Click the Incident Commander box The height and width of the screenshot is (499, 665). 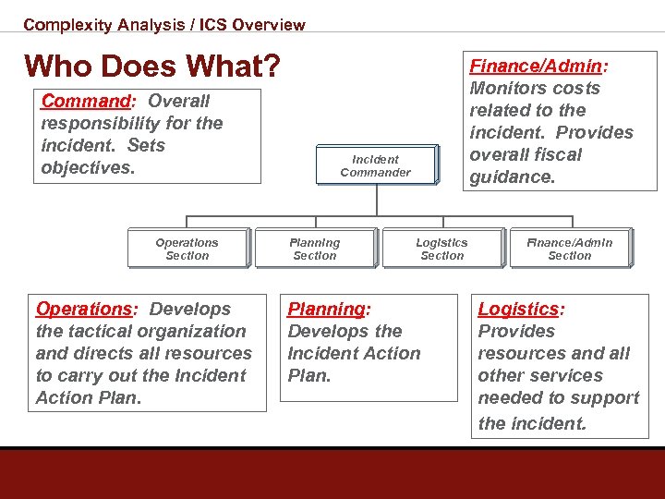click(375, 165)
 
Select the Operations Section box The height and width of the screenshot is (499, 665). click(187, 249)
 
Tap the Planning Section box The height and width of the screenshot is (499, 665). click(314, 249)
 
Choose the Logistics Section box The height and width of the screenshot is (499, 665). click(441, 249)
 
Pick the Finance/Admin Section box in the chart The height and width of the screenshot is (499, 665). click(569, 249)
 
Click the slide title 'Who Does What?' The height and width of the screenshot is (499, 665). click(152, 66)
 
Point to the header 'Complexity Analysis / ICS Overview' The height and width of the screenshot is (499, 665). click(164, 25)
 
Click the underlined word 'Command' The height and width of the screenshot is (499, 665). click(85, 101)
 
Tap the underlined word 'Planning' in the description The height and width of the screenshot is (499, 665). click(327, 309)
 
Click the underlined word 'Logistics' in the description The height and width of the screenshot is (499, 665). click(518, 309)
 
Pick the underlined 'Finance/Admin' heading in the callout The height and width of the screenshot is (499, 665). click(536, 66)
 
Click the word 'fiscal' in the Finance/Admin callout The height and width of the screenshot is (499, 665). click(552, 154)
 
